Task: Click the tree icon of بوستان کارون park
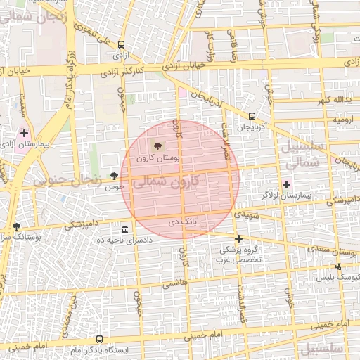tap(157, 146)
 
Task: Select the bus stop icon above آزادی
tap(122, 43)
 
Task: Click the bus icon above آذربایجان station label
tap(252, 117)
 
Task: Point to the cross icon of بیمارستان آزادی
tap(25, 133)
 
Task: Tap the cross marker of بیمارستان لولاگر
tap(286, 184)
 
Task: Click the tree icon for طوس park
tap(115, 176)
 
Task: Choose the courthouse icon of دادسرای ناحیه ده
tap(124, 230)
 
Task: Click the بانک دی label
tap(179, 222)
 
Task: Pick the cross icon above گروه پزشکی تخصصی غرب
tap(238, 239)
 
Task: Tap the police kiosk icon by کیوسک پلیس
tap(338, 267)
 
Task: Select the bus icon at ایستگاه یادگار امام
tap(98, 339)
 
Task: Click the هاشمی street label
tap(176, 284)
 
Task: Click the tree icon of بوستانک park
tap(16, 226)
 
